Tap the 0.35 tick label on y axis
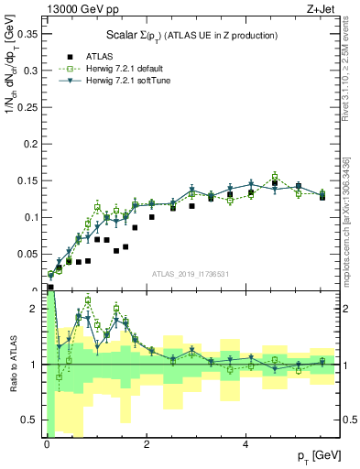tap(29, 35)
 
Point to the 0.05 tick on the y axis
tap(29, 254)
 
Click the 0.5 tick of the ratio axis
tap(33, 420)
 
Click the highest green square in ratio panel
tap(88, 300)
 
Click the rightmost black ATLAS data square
tap(322, 197)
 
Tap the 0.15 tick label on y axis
tap(29, 180)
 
